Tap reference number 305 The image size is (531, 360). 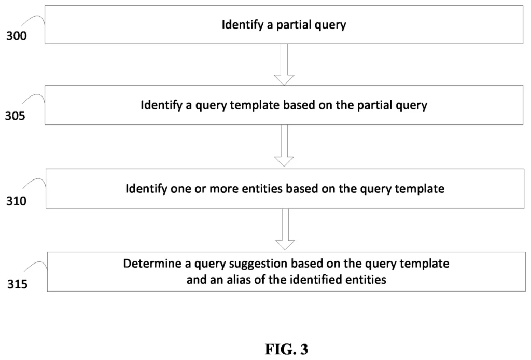(15, 116)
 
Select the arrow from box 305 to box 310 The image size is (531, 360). (284, 146)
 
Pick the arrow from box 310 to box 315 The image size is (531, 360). (285, 229)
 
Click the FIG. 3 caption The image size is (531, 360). (286, 349)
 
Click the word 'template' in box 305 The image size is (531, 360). (256, 105)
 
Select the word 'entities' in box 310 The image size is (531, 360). (262, 188)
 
